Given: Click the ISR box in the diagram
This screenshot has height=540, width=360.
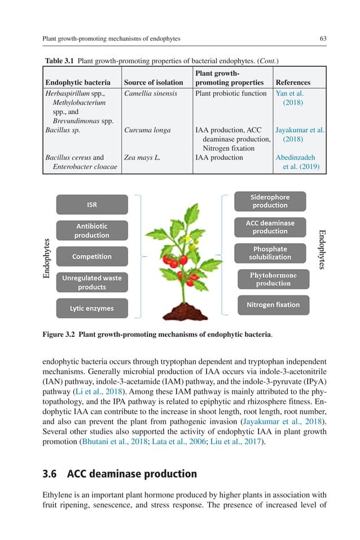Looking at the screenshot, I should pyautogui.click(x=92, y=205).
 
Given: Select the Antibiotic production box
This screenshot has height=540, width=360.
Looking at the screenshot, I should pyautogui.click(x=92, y=231).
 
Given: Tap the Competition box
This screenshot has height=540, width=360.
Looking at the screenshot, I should pyautogui.click(x=92, y=257).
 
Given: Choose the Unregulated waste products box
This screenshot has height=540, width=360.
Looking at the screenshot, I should pyautogui.click(x=92, y=282).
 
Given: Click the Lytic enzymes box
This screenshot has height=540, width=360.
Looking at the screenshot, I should pyautogui.click(x=92, y=309).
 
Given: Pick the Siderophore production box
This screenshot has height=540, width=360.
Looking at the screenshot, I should pyautogui.click(x=270, y=201).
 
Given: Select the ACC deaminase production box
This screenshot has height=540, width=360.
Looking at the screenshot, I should pyautogui.click(x=270, y=227).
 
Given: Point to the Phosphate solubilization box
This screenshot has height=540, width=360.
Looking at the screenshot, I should pyautogui.click(x=270, y=253).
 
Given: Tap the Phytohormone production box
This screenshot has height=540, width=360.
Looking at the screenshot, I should pyautogui.click(x=273, y=279).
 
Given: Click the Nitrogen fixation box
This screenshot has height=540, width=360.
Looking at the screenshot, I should pyautogui.click(x=273, y=305).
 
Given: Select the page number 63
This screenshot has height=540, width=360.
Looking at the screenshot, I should pyautogui.click(x=323, y=38).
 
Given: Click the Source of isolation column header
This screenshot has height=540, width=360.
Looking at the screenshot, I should pyautogui.click(x=153, y=82).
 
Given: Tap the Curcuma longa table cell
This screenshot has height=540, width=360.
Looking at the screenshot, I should pyautogui.click(x=147, y=130).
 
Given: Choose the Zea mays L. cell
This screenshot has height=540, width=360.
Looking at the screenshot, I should pyautogui.click(x=142, y=157).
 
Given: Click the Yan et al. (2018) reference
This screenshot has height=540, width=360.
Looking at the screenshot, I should pyautogui.click(x=291, y=98).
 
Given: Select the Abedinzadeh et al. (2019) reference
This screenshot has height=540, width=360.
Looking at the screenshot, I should pyautogui.click(x=296, y=162).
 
